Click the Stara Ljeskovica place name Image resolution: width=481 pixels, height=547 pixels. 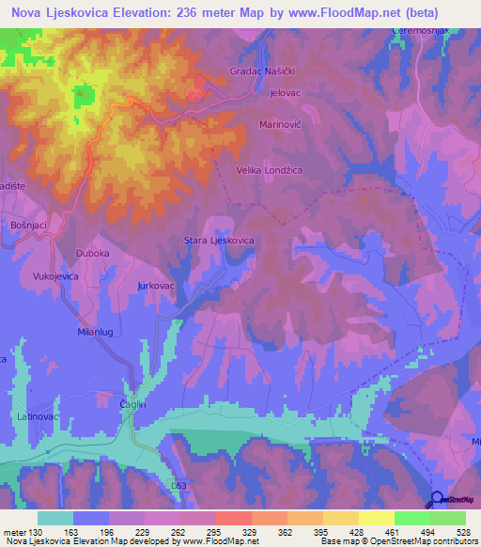point(219,241)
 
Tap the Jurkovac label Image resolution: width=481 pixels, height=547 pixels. point(157,284)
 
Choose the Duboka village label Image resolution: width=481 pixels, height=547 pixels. point(92,254)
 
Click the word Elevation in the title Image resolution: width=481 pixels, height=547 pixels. point(145,12)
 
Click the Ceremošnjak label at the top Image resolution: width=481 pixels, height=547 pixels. point(415,32)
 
